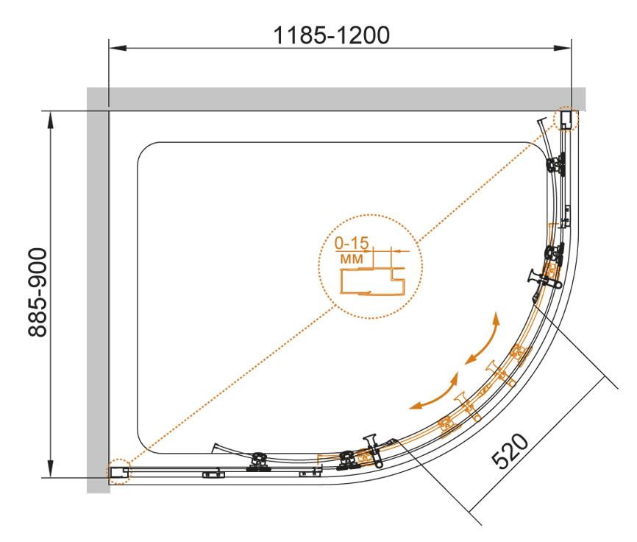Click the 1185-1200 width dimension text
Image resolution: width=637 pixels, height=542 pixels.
332,35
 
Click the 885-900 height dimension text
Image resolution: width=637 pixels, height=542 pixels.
38,292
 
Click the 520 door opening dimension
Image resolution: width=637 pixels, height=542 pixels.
510,451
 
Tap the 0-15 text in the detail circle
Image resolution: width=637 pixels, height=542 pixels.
352,243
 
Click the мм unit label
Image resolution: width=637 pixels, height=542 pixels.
352,258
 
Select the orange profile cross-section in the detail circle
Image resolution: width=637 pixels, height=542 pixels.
372,281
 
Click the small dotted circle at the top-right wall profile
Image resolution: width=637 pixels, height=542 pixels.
566,119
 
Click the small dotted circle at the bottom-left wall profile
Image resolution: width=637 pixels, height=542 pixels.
119,471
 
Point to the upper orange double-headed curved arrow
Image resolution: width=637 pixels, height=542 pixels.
482,338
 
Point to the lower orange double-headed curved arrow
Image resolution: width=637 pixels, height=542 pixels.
435,392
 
